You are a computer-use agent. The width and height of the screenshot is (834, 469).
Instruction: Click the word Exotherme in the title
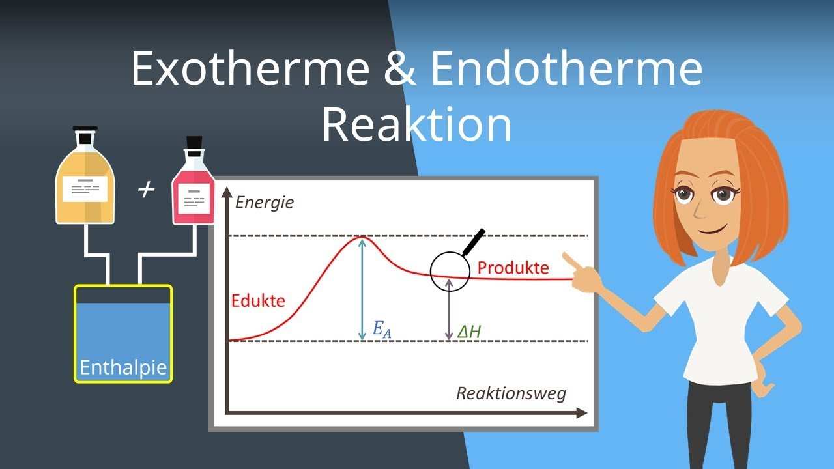click(250, 68)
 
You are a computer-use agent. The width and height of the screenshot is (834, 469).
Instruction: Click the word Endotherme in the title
click(567, 68)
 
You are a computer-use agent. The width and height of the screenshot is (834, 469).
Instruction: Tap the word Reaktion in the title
click(416, 124)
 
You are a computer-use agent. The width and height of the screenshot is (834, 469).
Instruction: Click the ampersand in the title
click(400, 68)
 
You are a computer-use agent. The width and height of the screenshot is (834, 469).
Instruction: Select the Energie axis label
click(265, 203)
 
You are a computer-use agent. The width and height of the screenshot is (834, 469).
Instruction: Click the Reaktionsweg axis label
click(511, 393)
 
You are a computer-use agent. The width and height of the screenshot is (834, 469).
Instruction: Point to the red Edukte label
click(258, 301)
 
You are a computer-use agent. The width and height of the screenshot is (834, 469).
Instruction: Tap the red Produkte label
click(513, 268)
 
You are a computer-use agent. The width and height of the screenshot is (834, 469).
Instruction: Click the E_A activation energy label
click(382, 330)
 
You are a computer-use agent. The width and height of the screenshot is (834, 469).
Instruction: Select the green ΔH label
click(468, 332)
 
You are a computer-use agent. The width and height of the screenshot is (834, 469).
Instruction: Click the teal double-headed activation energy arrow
click(362, 290)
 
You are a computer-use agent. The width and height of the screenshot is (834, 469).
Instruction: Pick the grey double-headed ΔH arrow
click(449, 309)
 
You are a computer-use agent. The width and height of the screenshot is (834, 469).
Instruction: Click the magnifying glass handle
click(474, 242)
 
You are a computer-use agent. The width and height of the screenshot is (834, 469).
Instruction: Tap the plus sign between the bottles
click(146, 190)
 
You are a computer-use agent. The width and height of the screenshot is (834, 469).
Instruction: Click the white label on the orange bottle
click(85, 189)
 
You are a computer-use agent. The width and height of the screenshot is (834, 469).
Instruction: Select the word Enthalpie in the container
click(123, 367)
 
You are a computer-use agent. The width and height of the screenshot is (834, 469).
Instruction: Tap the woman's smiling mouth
click(713, 229)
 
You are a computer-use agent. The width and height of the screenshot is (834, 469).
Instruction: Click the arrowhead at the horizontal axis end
click(582, 412)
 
